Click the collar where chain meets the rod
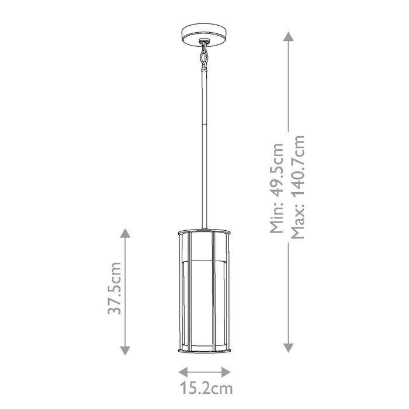204,71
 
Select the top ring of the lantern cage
204,230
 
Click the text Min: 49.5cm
276,188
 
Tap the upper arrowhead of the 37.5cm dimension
124,233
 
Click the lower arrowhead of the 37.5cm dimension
124,350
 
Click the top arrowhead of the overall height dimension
287,37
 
